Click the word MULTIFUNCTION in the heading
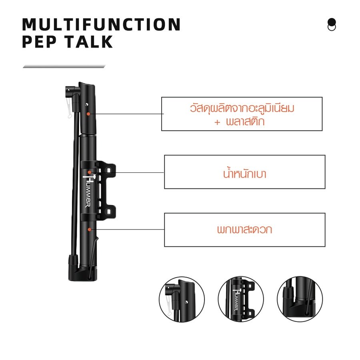point(101,24)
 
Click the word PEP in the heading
point(39,42)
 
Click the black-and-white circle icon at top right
point(332,24)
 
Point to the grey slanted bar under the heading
point(64,66)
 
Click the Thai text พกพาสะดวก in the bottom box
point(244,229)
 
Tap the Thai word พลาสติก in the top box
point(245,121)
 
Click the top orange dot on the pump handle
point(88,114)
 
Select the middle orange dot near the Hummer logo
point(89,172)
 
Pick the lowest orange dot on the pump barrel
point(89,229)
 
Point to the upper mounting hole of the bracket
point(108,170)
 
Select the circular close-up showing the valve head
point(182,299)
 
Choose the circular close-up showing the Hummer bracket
point(241,299)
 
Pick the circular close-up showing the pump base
point(300,299)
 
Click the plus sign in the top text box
point(217,122)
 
